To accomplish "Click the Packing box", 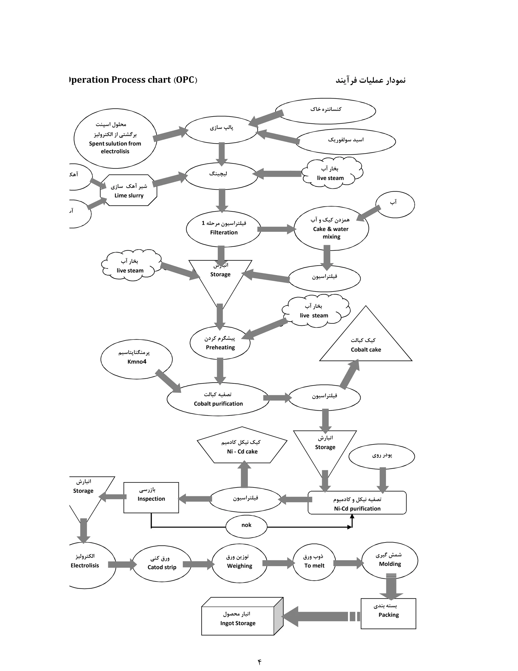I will tap(388, 614).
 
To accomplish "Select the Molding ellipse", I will tap(390, 560).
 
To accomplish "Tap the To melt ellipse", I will tap(314, 562).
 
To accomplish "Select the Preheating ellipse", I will tap(220, 343).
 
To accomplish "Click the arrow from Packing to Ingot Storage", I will tap(319, 616).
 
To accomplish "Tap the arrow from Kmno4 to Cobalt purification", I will tap(168, 381).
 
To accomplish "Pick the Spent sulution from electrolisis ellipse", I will tap(115, 139).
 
